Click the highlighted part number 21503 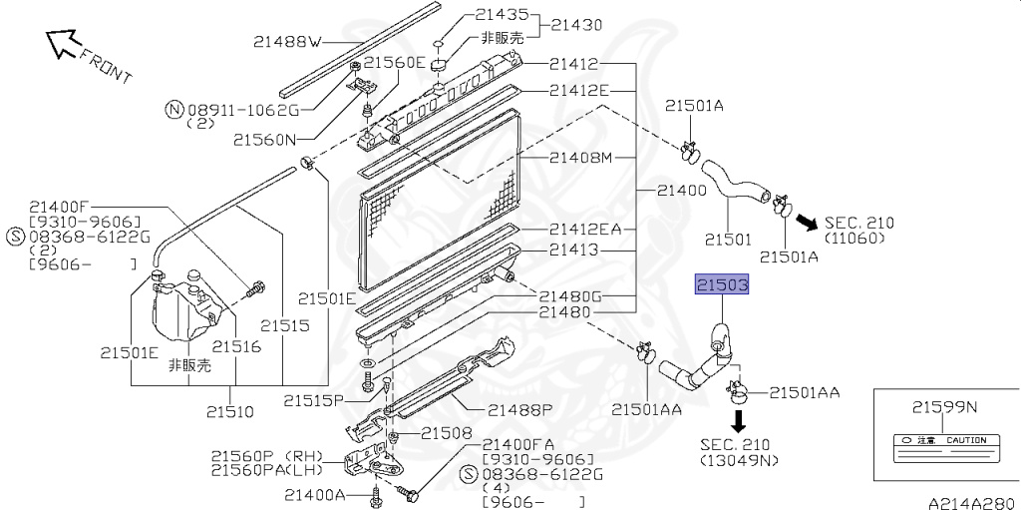tap(722, 286)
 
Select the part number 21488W tap(287, 41)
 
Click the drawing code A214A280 tap(971, 501)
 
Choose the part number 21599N tap(945, 406)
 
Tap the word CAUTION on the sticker tap(966, 439)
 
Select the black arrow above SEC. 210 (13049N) tap(739, 416)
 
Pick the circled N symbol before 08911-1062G tap(173, 110)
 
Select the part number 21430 tap(577, 24)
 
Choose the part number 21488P tap(519, 409)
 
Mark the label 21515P tap(313, 400)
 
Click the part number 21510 tap(230, 410)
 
